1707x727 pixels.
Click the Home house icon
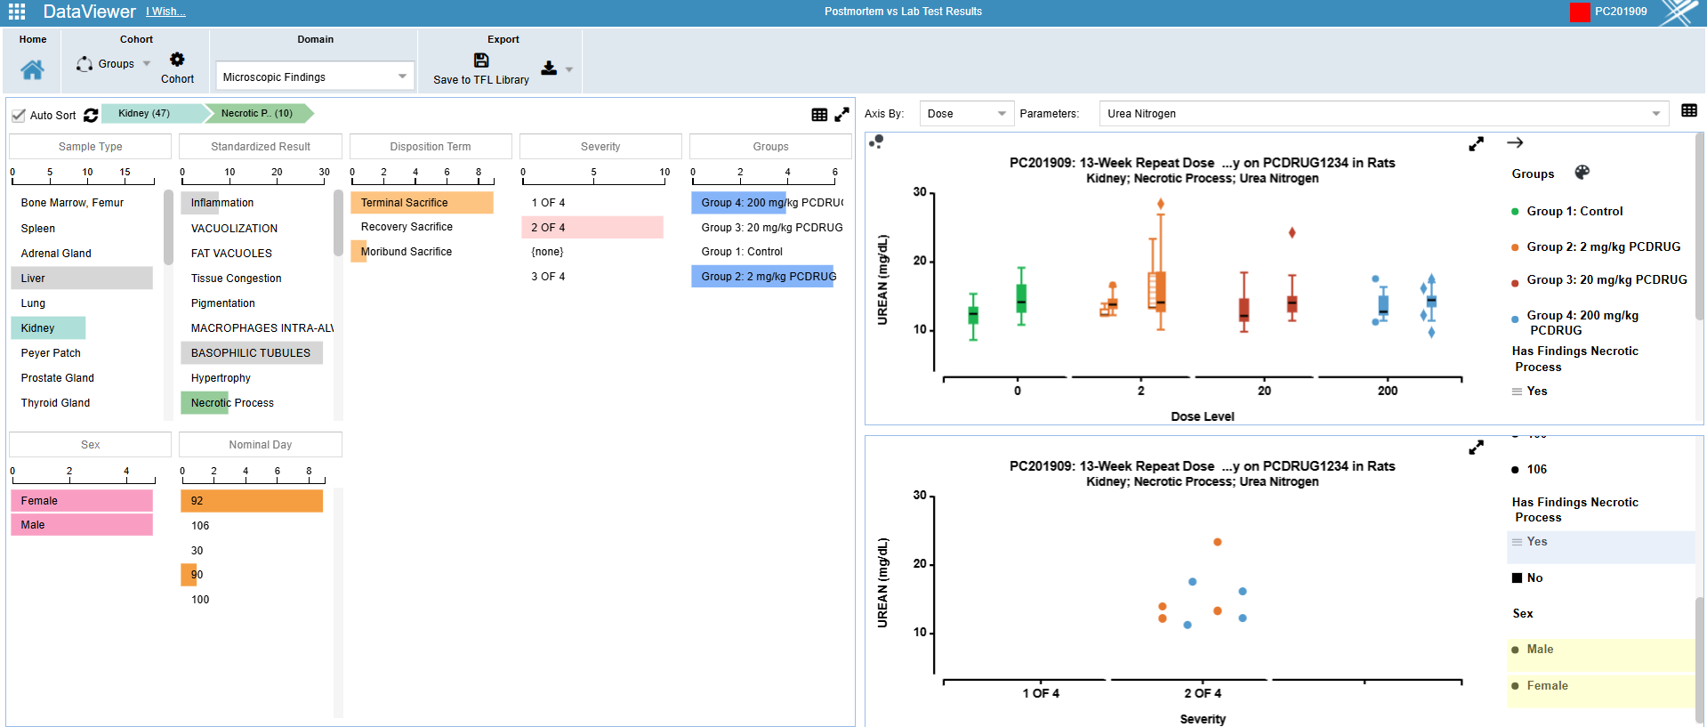(x=32, y=70)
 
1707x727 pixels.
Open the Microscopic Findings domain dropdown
(x=314, y=77)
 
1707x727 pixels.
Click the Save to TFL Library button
(x=481, y=69)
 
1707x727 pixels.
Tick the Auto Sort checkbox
(x=19, y=115)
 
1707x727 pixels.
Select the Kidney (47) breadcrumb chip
(x=144, y=113)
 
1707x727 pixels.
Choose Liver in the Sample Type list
(x=34, y=279)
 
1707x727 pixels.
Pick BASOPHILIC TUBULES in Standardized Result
(x=251, y=353)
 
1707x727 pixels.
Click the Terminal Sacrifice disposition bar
(x=405, y=203)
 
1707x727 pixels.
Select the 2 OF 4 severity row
(x=548, y=228)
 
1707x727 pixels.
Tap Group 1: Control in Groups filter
(x=742, y=252)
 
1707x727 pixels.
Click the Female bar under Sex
(x=40, y=501)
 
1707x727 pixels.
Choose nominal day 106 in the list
(x=200, y=526)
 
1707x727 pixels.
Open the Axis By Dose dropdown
(x=965, y=114)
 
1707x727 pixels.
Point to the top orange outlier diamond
(x=1161, y=204)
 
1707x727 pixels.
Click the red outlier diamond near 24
(x=1292, y=232)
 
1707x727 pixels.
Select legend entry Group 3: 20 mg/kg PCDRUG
(x=1606, y=280)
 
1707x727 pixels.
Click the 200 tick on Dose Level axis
(x=1388, y=391)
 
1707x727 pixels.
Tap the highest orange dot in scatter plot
(x=1218, y=542)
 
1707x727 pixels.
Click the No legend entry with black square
(x=1534, y=578)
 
